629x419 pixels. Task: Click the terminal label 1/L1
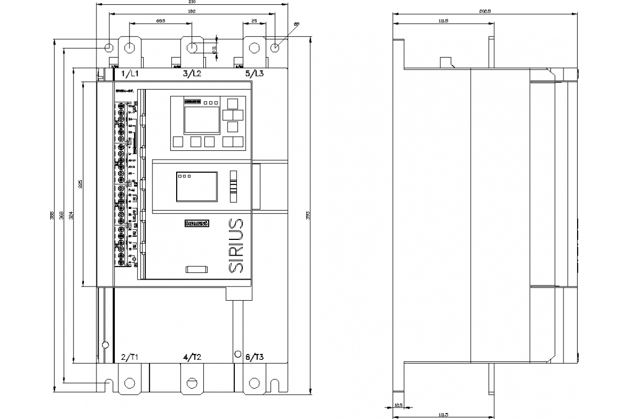pos(129,74)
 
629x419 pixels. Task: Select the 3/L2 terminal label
pos(192,74)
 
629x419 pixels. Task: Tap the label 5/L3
pos(255,74)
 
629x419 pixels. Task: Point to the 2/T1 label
pos(129,357)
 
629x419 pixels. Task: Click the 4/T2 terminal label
pos(192,357)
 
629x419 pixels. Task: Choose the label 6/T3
pos(255,357)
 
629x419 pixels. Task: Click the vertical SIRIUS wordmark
pos(236,245)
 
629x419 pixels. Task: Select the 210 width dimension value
pos(192,3)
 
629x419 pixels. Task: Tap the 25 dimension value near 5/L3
pos(254,20)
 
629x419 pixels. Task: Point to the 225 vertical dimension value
pos(80,184)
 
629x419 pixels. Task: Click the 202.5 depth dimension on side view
pos(485,12)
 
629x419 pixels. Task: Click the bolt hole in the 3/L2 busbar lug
pos(193,48)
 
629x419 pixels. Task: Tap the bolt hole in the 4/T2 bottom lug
pos(192,382)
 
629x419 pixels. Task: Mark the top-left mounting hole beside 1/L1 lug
pos(109,48)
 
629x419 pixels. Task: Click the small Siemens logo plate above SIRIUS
pos(197,224)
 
